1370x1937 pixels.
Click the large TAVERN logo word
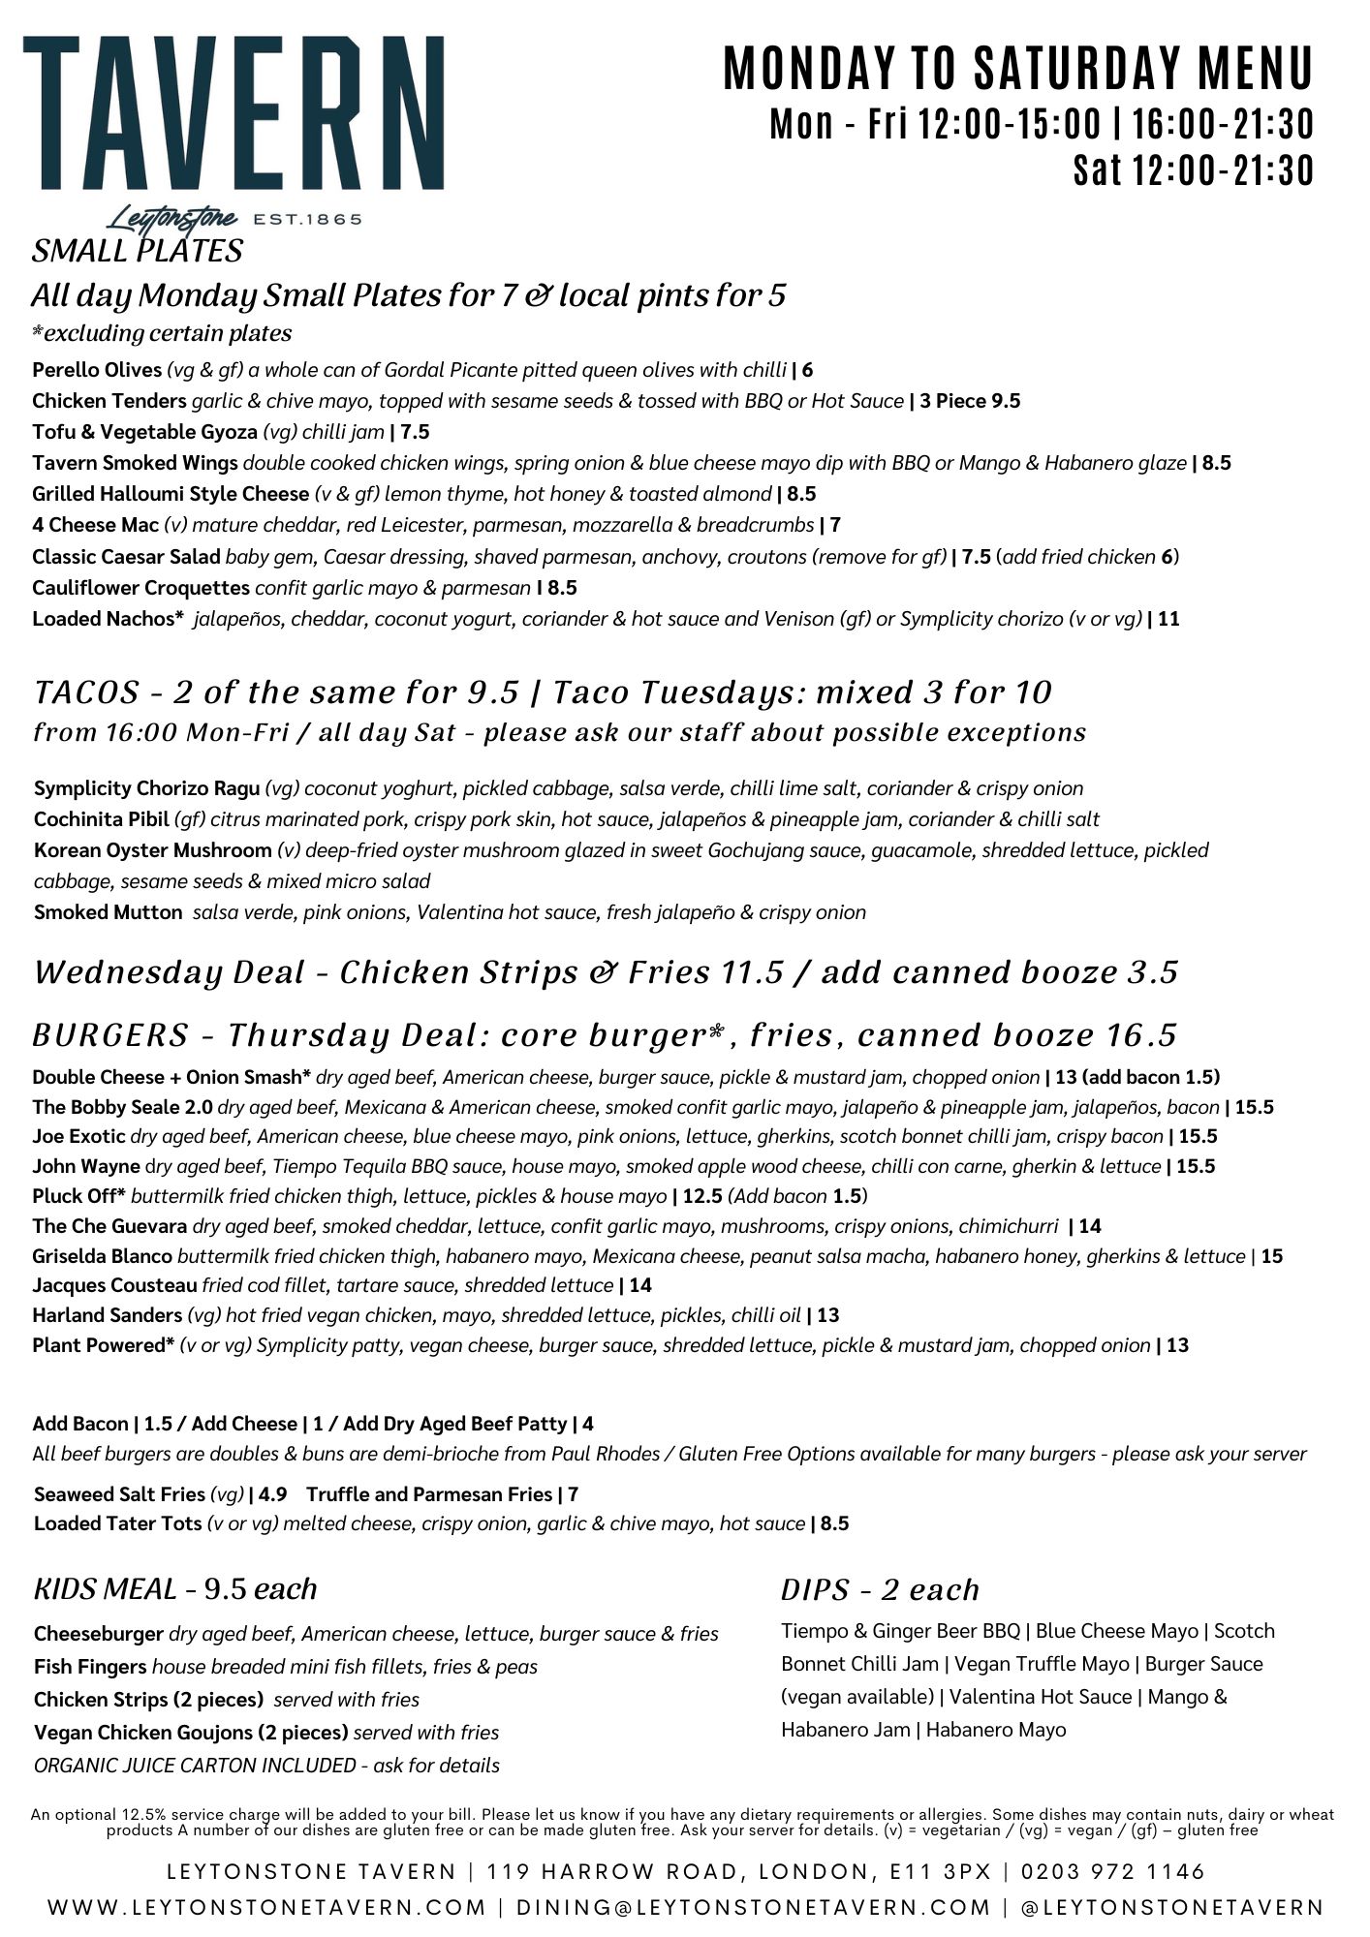pos(234,114)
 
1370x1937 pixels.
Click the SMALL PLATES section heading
pos(137,252)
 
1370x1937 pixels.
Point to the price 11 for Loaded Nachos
pos(1168,619)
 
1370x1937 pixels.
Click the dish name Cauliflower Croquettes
pos(140,588)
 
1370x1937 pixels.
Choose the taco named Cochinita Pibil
pos(101,819)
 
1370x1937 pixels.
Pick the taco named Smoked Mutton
pos(108,912)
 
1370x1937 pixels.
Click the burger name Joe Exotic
pos(78,1137)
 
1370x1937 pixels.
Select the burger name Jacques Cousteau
pos(114,1286)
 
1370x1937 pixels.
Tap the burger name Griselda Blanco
pos(102,1257)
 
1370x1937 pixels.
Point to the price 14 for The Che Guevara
pos(1090,1227)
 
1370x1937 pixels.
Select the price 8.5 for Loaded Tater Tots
pos(834,1524)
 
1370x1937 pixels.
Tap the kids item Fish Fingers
pos(90,1667)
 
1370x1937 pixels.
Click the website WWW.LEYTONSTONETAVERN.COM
pos(267,1908)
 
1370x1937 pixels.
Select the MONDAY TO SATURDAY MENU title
pos(1018,70)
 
